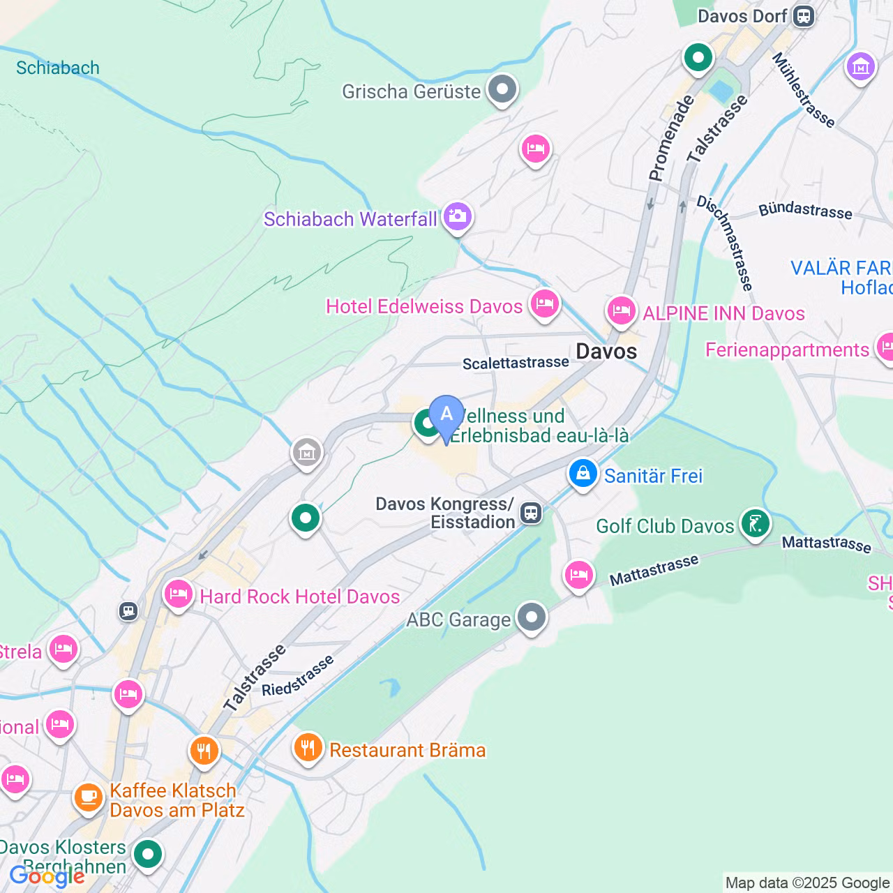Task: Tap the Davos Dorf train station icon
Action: [804, 16]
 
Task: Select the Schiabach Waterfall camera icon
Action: [458, 216]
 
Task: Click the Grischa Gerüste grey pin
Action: [502, 89]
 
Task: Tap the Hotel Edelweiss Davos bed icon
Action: [544, 304]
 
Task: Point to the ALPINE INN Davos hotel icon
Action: [621, 310]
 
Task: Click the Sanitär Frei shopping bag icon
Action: [583, 474]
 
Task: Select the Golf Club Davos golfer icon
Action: [755, 523]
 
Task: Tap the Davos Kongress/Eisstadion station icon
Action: [532, 513]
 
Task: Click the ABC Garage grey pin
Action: [532, 617]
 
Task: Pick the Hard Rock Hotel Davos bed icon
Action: [179, 594]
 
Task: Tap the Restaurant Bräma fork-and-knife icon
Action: [308, 748]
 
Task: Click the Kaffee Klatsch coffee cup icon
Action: [89, 796]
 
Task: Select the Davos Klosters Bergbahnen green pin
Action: [148, 854]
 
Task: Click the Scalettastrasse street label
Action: [516, 363]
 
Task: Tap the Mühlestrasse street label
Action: [803, 91]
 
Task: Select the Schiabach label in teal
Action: [58, 68]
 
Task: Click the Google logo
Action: [47, 876]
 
